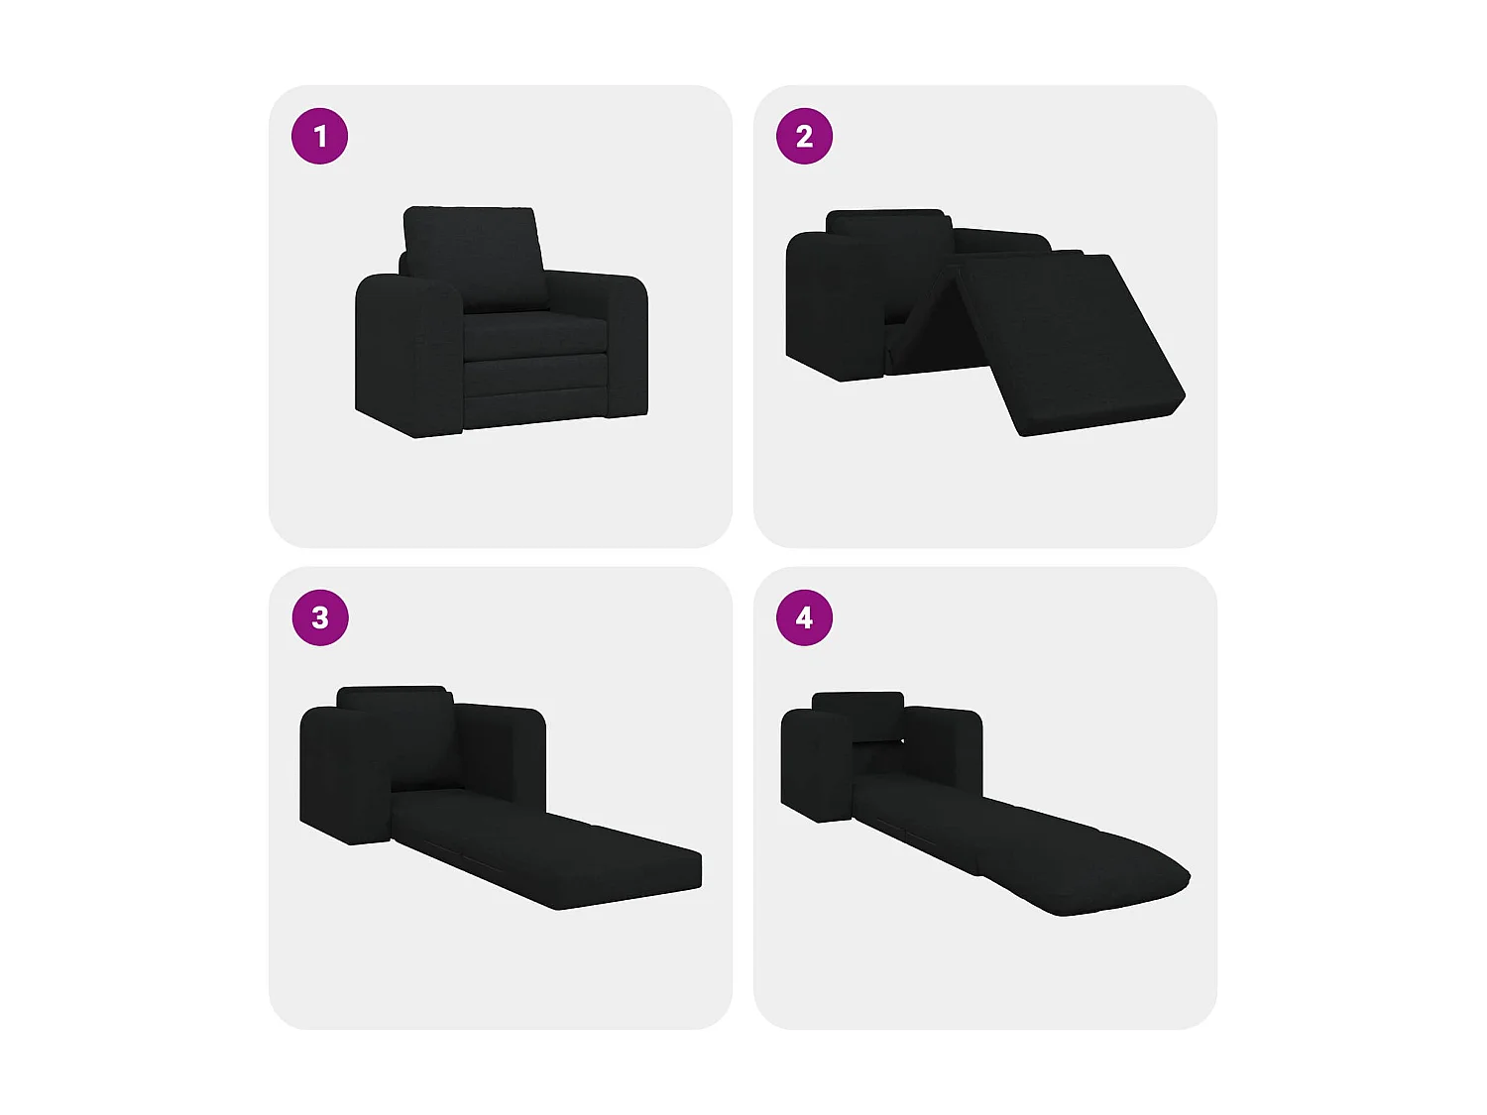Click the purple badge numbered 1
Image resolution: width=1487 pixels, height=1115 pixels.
coord(319,136)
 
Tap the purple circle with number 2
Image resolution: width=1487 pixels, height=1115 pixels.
coord(804,136)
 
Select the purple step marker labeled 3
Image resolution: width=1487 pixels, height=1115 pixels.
coord(320,617)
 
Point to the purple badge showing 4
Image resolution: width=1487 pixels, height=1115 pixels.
coord(804,617)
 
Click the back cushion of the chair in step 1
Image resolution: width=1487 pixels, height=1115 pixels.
coord(474,258)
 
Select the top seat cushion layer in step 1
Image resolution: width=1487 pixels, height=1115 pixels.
coord(533,334)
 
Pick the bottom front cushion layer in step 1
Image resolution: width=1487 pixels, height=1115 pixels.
coord(533,392)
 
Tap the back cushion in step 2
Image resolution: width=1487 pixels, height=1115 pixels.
coord(884,227)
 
